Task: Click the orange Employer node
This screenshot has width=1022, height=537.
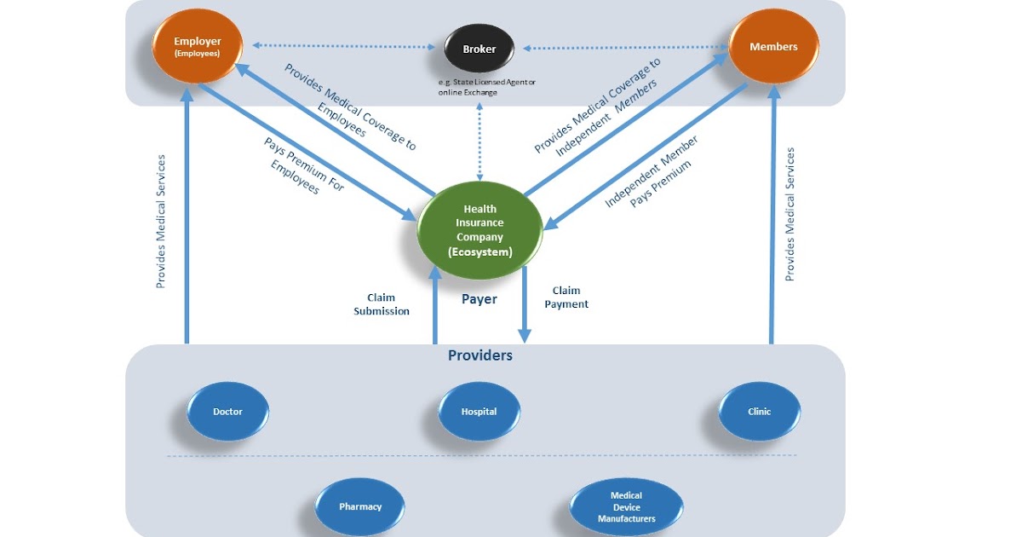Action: tap(197, 46)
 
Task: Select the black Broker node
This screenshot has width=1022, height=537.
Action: tap(479, 49)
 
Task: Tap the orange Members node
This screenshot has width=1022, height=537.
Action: tap(773, 47)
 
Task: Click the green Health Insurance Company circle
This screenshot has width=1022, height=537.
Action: tap(479, 230)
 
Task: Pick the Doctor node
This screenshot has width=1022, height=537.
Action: tap(227, 412)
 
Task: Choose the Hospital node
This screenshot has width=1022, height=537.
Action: tap(479, 412)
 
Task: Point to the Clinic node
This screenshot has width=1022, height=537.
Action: tap(759, 412)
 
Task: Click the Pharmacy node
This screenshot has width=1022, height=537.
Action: tap(359, 506)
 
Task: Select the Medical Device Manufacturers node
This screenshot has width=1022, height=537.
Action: tap(626, 506)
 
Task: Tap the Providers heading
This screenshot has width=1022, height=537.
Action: tap(480, 355)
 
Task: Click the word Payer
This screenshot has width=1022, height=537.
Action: tap(479, 299)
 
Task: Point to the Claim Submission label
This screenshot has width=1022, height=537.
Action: tap(382, 304)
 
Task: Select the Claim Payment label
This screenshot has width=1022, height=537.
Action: tap(566, 297)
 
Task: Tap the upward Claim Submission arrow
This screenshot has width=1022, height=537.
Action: tap(434, 307)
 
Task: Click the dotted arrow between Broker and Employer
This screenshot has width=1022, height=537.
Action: tap(345, 45)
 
